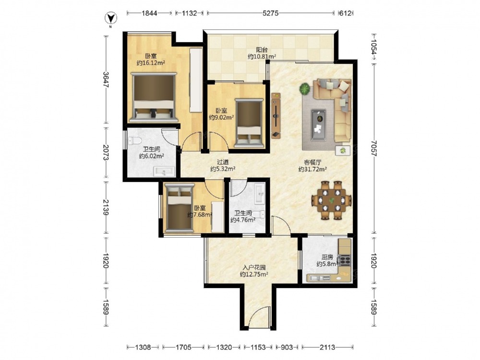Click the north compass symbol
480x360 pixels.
point(111,19)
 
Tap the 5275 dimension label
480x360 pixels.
point(271,13)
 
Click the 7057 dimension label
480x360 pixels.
point(373,148)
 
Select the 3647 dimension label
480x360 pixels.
point(106,80)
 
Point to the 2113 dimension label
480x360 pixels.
point(327,347)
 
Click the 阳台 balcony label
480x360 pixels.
point(262,49)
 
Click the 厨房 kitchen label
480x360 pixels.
point(327,257)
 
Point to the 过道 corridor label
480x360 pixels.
point(223,162)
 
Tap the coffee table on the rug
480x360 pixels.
point(318,125)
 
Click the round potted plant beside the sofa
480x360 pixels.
point(305,89)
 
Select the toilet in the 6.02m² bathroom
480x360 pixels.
point(135,141)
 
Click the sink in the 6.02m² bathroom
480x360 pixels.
point(164,171)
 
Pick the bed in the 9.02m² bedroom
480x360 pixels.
point(250,123)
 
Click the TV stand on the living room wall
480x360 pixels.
point(276,116)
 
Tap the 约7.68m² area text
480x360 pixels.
point(200,215)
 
